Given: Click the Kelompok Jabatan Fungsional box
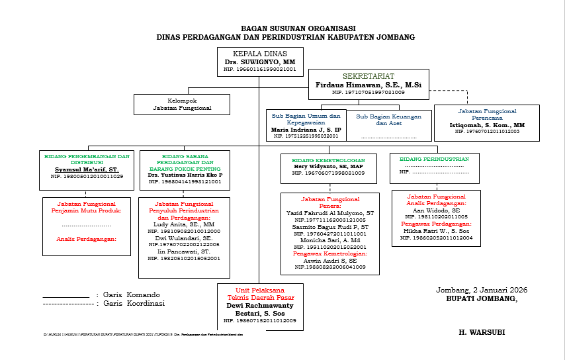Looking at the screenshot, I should coord(182,104).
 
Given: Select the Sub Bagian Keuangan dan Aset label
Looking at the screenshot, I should coord(388,119).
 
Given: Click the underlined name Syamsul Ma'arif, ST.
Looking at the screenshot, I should coord(87,169).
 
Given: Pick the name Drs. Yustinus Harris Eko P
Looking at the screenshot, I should coord(185,175).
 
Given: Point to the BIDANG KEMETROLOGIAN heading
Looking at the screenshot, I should coord(328,159).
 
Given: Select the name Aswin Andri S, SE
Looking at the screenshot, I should coord(329,260).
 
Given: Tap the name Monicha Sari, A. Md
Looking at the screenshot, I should coord(329,240).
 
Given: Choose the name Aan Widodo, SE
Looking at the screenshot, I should coord(436,210).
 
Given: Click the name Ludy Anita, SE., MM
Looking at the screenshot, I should coord(185,224).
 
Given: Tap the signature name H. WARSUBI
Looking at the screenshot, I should coord(482,332).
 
